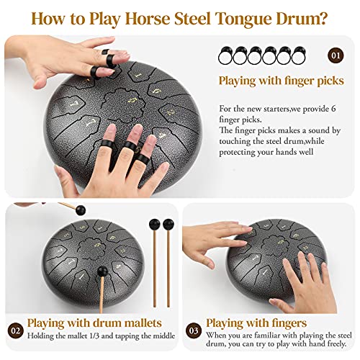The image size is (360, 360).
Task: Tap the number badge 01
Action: [x=336, y=55]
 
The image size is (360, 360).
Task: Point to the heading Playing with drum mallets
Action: [x=94, y=323]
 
